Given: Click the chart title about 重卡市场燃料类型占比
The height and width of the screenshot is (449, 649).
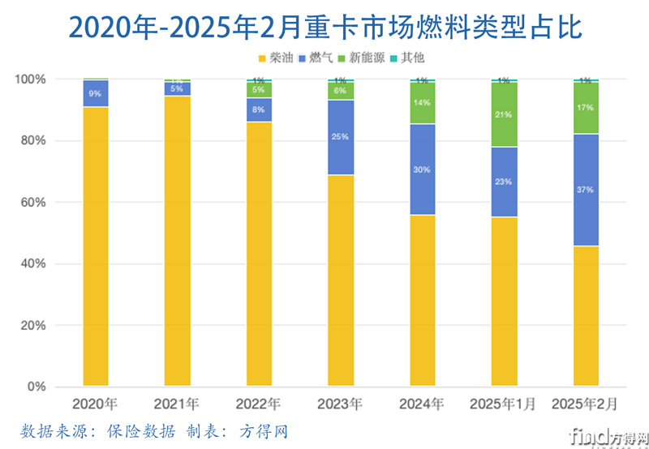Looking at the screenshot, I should pos(324,26).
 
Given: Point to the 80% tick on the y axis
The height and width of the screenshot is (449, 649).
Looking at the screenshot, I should pos(32,141).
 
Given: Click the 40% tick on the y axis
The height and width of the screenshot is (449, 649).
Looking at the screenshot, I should pos(32,264).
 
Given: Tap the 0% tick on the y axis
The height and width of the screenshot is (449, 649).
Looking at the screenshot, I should pos(36,387).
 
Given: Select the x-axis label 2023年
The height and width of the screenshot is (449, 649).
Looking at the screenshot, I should pos(340,404).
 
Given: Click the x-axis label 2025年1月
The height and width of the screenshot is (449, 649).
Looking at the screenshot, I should pos(503,404).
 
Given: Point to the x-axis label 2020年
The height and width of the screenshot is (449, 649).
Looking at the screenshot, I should pos(95,404).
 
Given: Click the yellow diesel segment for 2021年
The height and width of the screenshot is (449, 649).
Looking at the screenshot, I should pos(177,243).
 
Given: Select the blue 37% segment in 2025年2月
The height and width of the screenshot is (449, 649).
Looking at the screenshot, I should pos(585,190).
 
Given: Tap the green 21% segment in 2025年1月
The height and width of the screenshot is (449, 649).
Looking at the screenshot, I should pos(503,114).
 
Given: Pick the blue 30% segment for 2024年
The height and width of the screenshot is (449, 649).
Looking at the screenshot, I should pos(422,169).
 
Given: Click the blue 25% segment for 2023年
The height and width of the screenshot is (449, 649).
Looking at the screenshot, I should pos(340,137).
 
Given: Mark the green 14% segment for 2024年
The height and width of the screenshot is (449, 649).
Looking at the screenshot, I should pos(422,103).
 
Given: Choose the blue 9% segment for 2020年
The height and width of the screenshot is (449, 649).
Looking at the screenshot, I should pos(95,93).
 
